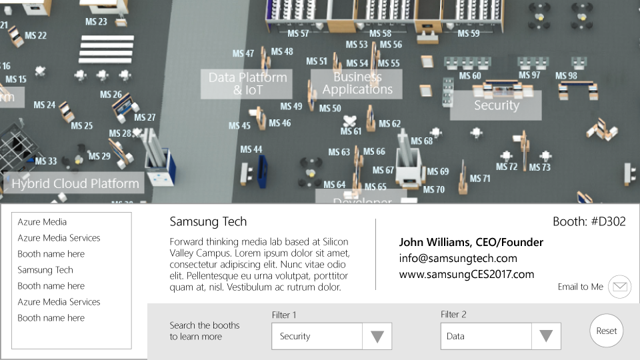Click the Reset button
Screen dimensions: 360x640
click(607, 331)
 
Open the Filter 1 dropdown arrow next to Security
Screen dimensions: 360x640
click(377, 337)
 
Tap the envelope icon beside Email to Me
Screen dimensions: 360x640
click(620, 287)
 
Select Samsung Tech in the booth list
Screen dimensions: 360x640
click(45, 270)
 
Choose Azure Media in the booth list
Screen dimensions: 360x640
click(42, 222)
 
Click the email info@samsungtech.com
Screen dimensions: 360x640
click(458, 259)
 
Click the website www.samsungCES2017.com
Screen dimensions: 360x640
click(467, 274)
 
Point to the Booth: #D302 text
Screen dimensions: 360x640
click(589, 222)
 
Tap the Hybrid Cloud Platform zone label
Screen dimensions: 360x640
click(75, 183)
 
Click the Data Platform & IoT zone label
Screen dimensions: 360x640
click(247, 83)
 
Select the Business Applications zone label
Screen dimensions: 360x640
click(357, 83)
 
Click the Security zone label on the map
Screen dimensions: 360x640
click(496, 105)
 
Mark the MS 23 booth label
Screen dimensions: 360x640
click(96, 21)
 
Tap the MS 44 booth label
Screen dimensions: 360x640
click(251, 149)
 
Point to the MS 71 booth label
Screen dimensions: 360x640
click(480, 179)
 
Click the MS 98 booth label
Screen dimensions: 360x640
click(567, 75)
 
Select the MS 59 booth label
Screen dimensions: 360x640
click(468, 33)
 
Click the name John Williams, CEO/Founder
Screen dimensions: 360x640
click(471, 243)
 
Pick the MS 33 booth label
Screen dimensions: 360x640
click(46, 161)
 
